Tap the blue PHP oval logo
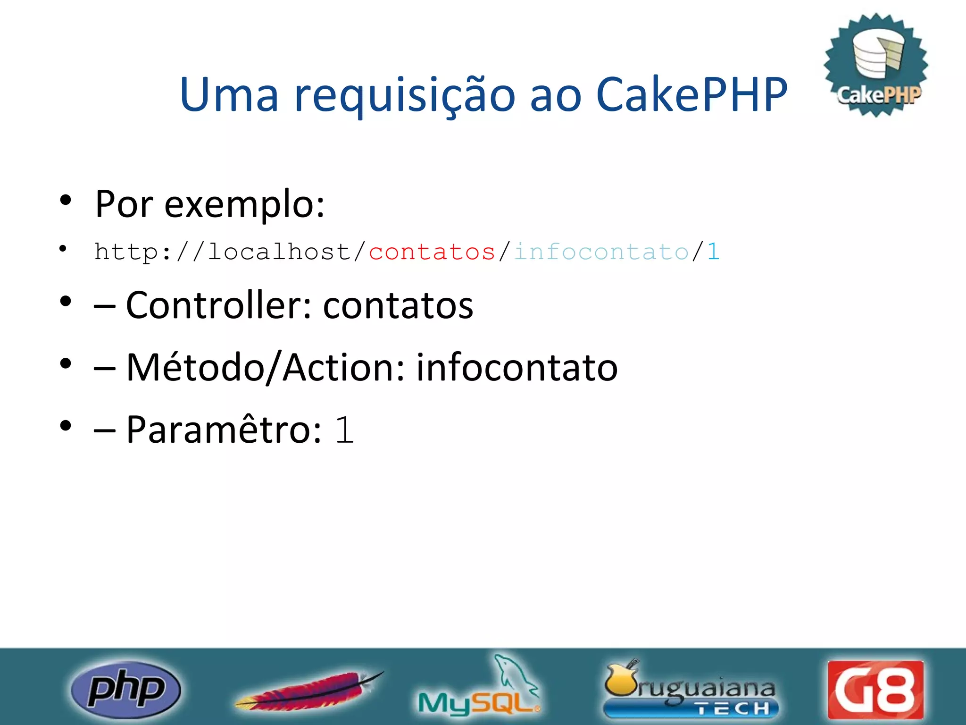coord(125,690)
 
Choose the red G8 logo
coord(875,690)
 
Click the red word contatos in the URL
coord(432,252)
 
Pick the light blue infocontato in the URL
coord(601,252)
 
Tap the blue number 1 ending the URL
coord(713,252)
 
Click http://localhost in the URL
coord(222,252)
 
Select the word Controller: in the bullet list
coord(219,305)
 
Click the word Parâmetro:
coord(224,429)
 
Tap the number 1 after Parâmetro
coord(344,430)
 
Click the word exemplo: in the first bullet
coord(244,205)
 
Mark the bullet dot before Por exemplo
coord(66,200)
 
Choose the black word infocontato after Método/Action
coord(516,368)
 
